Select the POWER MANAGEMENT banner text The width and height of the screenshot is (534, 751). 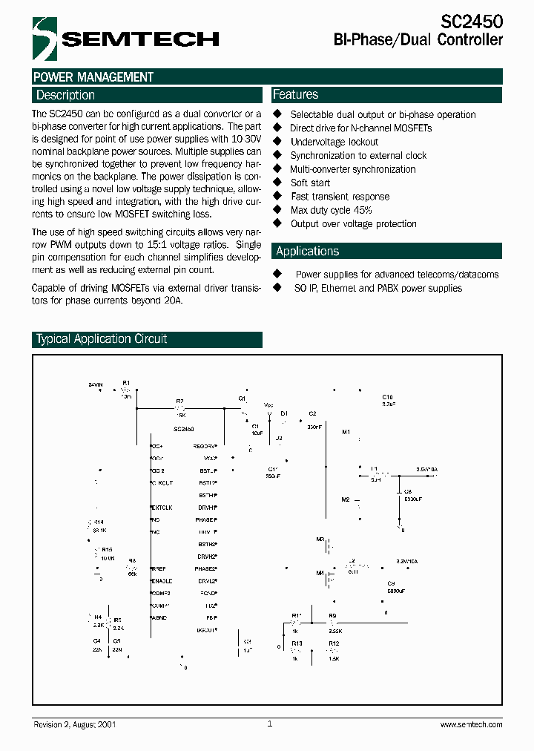93,77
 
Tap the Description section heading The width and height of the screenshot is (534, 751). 65,95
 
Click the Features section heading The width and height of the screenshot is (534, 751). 295,94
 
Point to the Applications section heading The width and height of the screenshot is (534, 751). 307,251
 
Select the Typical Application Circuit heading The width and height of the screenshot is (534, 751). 102,339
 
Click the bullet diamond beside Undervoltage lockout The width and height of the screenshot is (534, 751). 277,141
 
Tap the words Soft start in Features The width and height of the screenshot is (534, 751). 310,183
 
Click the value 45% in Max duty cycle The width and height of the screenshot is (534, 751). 362,210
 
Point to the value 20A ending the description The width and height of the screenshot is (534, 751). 171,301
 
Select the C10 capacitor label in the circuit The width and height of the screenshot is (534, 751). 387,398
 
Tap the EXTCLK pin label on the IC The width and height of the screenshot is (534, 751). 162,508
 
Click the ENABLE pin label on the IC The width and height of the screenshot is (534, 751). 162,580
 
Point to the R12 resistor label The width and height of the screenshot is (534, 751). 334,643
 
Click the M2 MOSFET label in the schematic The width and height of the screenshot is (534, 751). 345,500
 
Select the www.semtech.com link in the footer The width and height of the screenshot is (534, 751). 471,724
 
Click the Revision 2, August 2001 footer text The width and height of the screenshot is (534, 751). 74,724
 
